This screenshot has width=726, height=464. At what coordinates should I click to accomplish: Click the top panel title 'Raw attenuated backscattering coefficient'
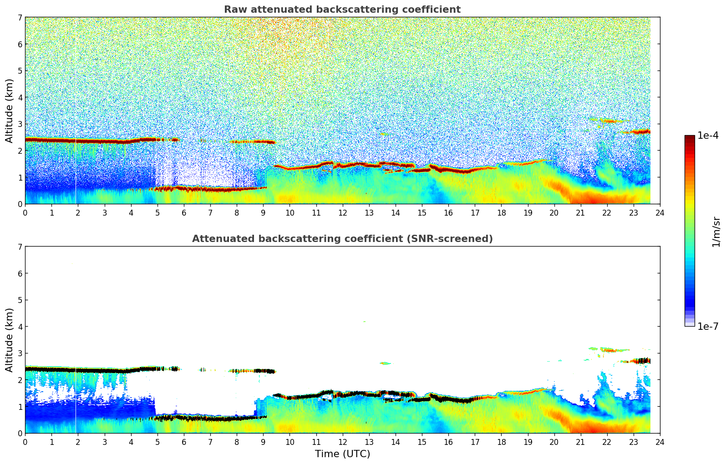(342, 10)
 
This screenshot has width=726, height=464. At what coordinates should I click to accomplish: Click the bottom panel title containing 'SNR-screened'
(342, 239)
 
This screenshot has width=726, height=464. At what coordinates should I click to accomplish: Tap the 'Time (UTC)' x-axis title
(342, 454)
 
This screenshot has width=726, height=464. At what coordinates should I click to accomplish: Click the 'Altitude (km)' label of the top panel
(9, 111)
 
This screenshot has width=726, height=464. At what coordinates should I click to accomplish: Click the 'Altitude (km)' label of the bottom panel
(9, 340)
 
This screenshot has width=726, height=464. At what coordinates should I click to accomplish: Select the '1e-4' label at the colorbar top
(708, 136)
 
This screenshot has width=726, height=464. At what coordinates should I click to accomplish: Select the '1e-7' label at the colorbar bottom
(708, 326)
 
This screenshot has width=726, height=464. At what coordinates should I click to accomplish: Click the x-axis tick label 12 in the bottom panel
(342, 442)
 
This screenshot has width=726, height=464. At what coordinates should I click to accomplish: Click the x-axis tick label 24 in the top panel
(660, 212)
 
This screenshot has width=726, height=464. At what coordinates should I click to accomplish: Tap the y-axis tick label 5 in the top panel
(20, 71)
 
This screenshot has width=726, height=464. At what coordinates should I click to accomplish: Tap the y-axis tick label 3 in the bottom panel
(20, 353)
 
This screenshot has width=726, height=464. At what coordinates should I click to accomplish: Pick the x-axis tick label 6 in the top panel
(184, 212)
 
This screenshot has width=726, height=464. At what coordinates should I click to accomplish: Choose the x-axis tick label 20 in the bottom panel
(554, 442)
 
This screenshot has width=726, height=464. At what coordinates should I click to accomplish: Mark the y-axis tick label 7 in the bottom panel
(20, 247)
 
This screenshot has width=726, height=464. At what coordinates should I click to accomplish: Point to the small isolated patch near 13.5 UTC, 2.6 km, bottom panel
(385, 363)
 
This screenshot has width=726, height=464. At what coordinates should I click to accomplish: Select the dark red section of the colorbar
(690, 141)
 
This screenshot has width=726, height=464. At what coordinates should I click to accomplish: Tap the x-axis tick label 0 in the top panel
(25, 212)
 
